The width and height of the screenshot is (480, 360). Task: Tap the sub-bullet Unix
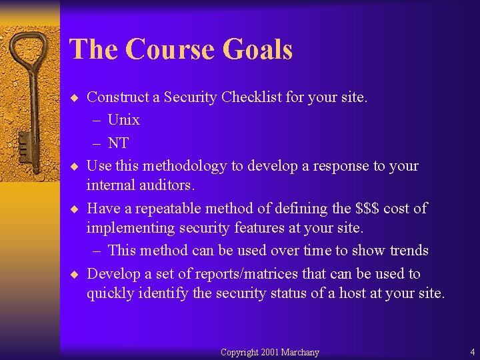coord(123,120)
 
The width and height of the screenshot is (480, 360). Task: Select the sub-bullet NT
coord(118,143)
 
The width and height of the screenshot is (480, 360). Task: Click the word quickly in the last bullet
coord(110,293)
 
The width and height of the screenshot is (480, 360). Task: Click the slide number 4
coord(472,352)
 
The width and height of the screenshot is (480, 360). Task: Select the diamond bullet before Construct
coord(76,97)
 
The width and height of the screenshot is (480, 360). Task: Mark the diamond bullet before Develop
coord(76,274)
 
